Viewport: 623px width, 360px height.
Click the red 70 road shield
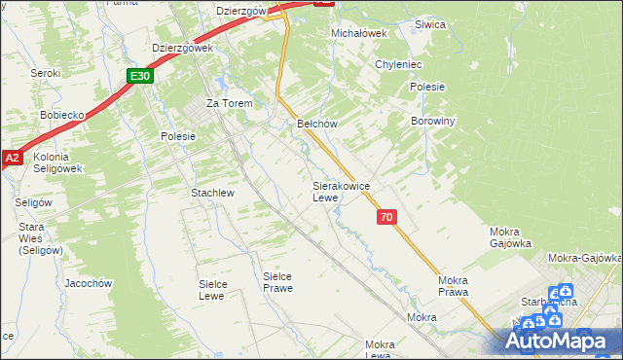[x=386, y=217]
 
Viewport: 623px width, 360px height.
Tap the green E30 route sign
[x=140, y=75]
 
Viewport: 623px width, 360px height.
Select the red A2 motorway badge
[x=12, y=157]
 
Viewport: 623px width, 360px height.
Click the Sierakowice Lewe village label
[x=339, y=191]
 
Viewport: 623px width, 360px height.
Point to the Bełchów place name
[x=316, y=124]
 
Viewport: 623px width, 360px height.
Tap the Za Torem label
[x=229, y=103]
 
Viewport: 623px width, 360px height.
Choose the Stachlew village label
[x=212, y=193]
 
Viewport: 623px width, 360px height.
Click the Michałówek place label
[x=359, y=32]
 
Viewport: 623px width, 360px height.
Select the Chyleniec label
[x=397, y=64]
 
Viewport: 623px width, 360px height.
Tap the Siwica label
[x=429, y=24]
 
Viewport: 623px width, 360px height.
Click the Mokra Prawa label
[x=454, y=286]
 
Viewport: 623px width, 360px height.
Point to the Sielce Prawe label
[x=278, y=281]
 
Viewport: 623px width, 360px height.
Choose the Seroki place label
[x=46, y=73]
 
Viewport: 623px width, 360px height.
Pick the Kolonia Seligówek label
[x=57, y=162]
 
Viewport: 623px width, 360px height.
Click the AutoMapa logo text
[x=562, y=341]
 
